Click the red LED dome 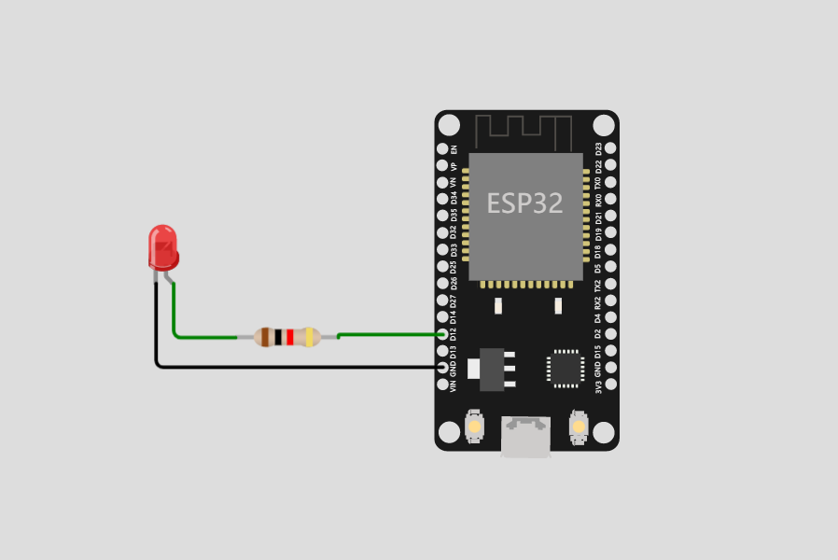point(163,245)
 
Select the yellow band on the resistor point(309,337)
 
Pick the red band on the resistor point(290,337)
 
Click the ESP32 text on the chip point(525,204)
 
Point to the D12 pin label point(454,333)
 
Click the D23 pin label point(598,148)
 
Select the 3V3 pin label point(598,385)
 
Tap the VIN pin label point(454,385)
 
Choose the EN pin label point(454,148)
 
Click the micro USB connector point(525,437)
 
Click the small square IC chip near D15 point(565,368)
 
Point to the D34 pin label point(454,199)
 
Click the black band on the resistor point(278,337)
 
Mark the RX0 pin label point(598,199)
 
